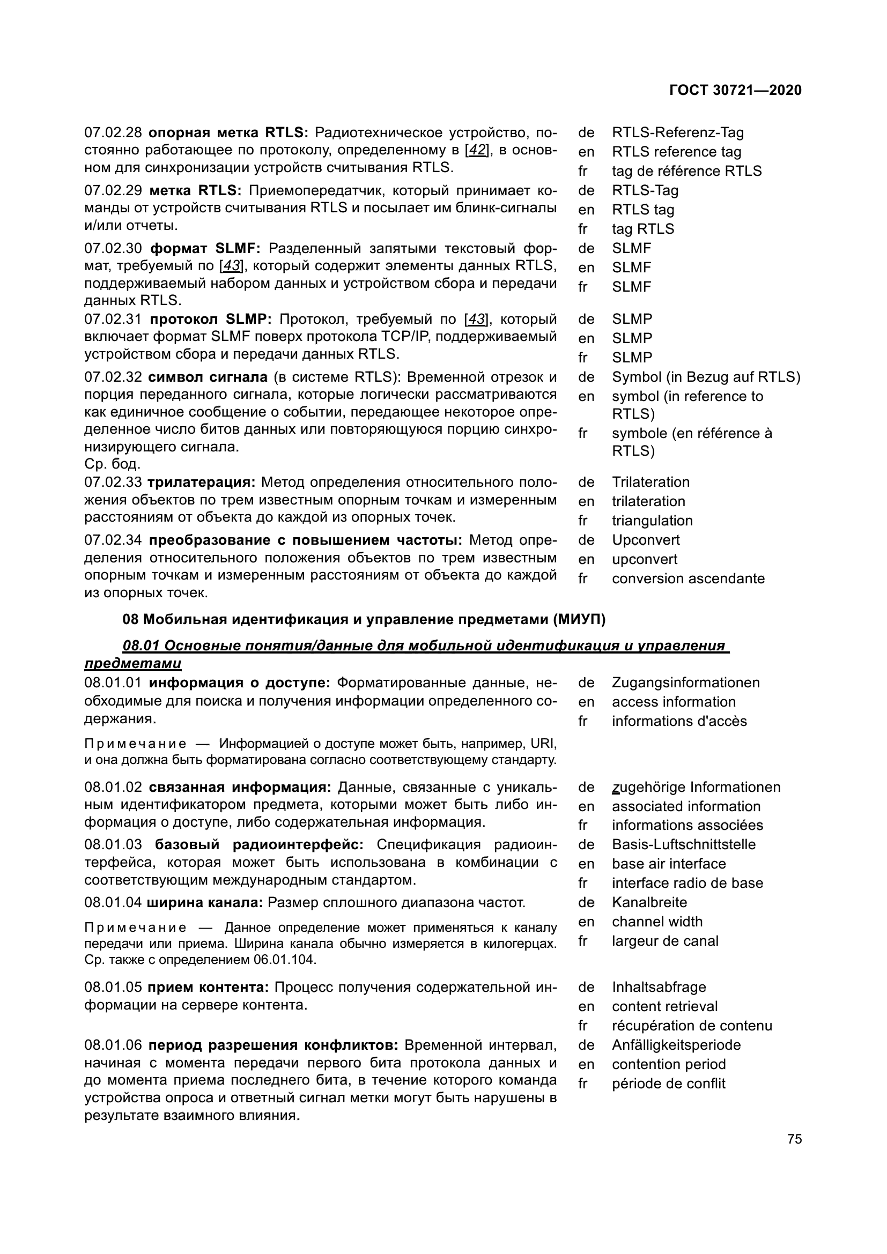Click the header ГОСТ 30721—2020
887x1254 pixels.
pos(735,90)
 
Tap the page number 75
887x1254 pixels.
pos(794,1139)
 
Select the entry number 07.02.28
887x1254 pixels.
pos(113,133)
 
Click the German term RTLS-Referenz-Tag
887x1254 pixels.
pos(677,133)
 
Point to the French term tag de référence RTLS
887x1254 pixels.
pos(686,171)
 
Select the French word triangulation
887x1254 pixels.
pos(652,521)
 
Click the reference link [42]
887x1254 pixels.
pos(477,150)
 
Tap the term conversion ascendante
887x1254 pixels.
pos(688,578)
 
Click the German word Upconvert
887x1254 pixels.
pos(645,540)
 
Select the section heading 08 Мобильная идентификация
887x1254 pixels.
pos(364,619)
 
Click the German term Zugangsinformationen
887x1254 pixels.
pos(685,682)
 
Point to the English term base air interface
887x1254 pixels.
pos(669,864)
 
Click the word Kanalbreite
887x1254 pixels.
pos(649,902)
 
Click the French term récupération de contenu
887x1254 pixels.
pos(691,1026)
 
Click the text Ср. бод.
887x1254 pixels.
pos(112,464)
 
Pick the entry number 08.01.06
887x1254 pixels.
pos(113,1045)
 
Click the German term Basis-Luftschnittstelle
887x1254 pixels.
pos(683,844)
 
